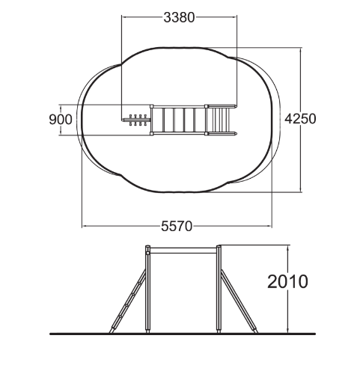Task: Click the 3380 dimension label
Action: pos(179,17)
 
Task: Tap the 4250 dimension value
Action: pos(300,119)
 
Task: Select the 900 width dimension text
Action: pos(61,120)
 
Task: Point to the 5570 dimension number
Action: pos(177,227)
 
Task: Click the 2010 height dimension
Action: pos(287,282)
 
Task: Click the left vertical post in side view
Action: pos(148,289)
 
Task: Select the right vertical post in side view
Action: pos(219,289)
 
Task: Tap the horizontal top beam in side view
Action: pos(183,251)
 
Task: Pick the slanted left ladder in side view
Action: pos(128,301)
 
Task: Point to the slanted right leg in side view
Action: pos(240,301)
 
